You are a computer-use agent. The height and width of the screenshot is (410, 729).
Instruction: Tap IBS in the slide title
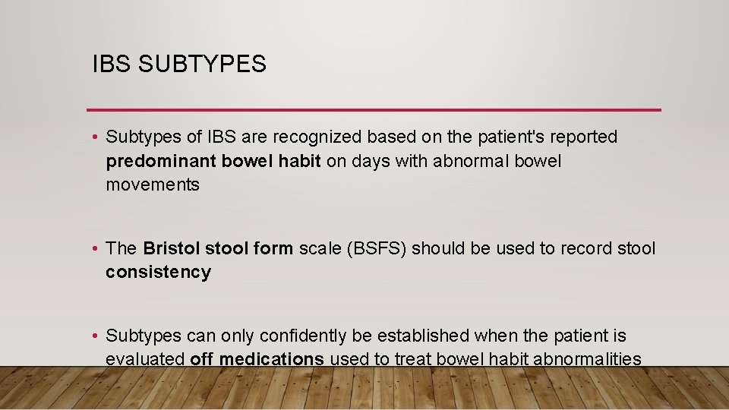click(x=110, y=65)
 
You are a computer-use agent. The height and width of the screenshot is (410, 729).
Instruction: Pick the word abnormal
click(x=470, y=162)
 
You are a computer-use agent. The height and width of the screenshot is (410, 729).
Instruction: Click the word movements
click(x=153, y=185)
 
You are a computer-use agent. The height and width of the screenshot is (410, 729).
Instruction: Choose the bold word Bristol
click(x=172, y=249)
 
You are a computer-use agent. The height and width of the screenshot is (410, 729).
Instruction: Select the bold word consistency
click(x=158, y=273)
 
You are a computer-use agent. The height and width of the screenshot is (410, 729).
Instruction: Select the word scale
click(x=318, y=249)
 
